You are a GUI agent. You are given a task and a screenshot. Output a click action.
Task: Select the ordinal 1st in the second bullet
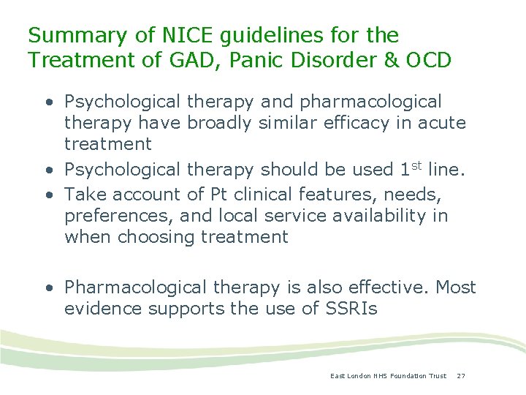(x=408, y=168)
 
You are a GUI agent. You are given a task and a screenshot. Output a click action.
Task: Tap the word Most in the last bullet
(x=456, y=287)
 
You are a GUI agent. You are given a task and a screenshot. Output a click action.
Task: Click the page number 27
(x=461, y=376)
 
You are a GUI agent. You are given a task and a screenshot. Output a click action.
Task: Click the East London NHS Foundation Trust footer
(x=388, y=376)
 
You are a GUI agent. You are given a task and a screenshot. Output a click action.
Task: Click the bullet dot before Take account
(x=47, y=195)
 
